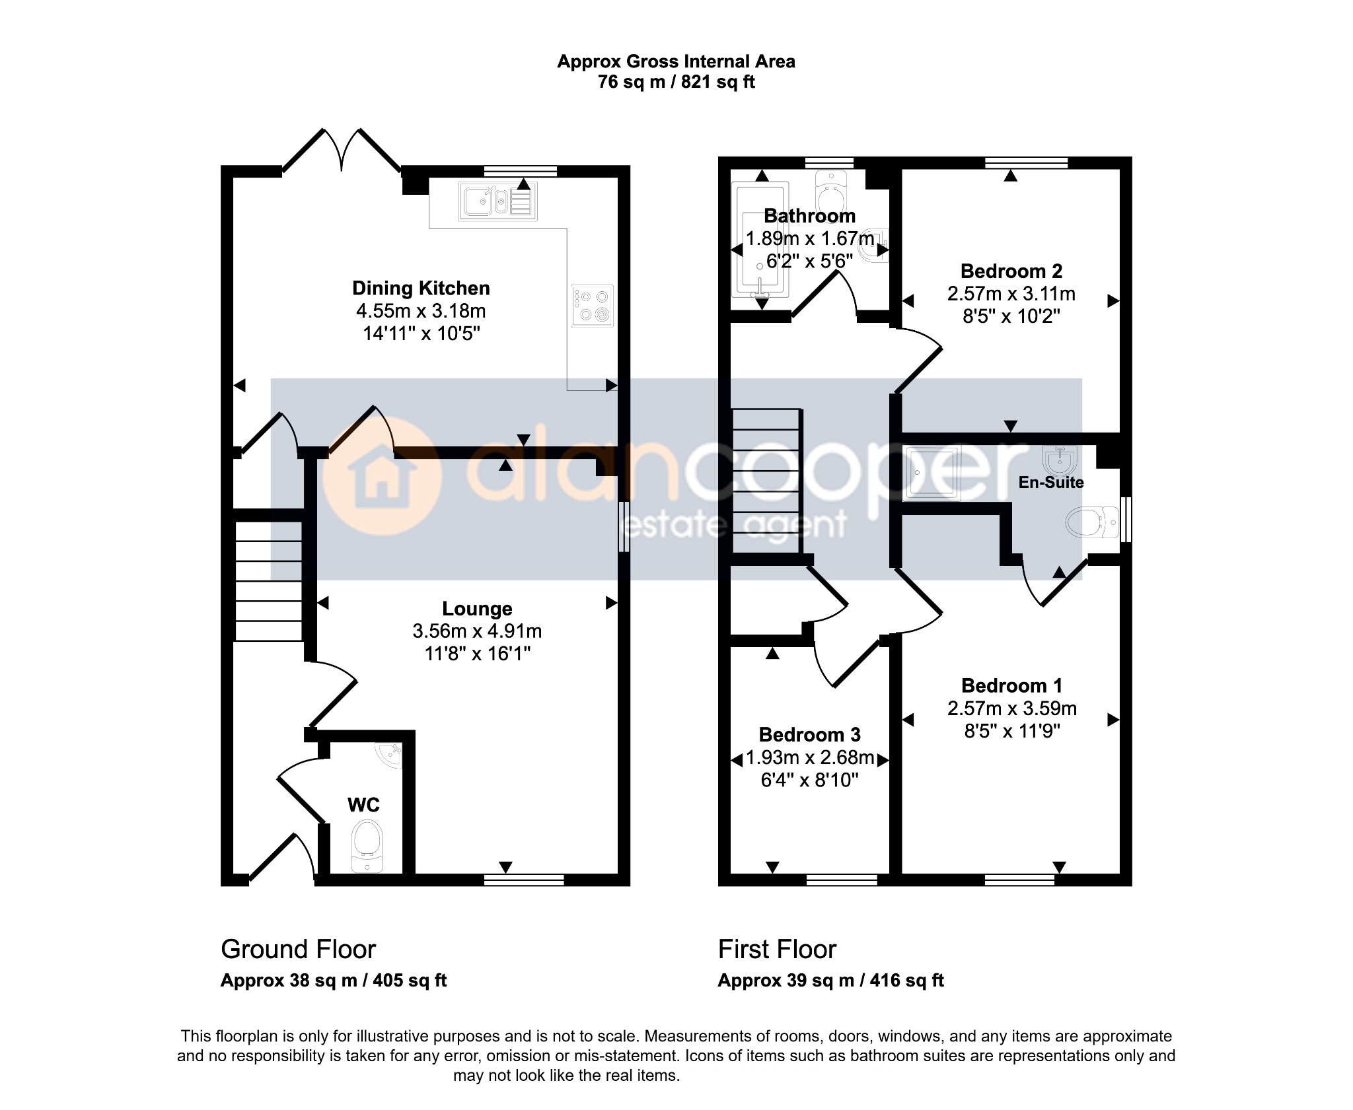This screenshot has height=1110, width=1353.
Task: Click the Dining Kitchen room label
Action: (421, 289)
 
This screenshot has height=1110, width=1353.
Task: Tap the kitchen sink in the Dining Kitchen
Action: (497, 201)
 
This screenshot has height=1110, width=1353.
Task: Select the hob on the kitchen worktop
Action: (593, 305)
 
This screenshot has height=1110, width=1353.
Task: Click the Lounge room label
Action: (477, 609)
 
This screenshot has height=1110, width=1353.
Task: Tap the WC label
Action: (363, 805)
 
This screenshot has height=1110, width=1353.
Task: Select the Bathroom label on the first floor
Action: (809, 216)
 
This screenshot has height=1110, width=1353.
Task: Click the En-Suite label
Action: (1050, 483)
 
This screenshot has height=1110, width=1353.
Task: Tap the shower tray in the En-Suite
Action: (932, 473)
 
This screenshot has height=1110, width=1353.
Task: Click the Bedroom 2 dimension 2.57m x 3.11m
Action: (1011, 294)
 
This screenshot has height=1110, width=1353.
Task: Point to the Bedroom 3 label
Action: (809, 735)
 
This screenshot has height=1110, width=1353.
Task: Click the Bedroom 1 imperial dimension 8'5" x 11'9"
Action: (1012, 731)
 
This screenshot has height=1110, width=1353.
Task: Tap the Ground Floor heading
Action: (298, 950)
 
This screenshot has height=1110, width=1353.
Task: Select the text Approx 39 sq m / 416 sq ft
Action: (830, 981)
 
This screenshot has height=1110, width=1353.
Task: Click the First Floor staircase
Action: (767, 481)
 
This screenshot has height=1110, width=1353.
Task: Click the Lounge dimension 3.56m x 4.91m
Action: (477, 631)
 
